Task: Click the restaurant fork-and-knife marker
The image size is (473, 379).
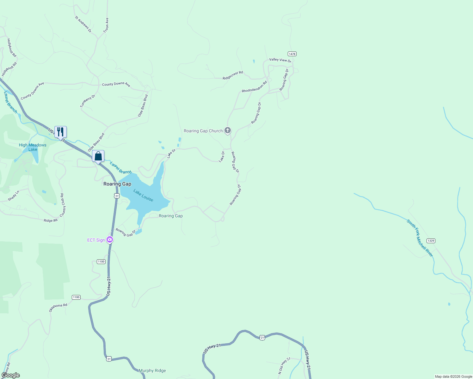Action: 60,132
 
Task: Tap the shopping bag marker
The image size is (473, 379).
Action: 98,156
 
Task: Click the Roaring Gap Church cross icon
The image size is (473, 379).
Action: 227,130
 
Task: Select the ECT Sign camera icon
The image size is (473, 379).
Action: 110,240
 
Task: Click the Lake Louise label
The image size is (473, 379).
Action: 143,196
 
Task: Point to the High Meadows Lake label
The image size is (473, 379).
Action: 33,147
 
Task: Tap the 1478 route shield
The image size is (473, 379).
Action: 292,54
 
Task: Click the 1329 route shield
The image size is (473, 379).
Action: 431,241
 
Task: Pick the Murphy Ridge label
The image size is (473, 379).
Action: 152,370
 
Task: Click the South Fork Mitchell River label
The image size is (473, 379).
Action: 420,238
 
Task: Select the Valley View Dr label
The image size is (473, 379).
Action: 280,60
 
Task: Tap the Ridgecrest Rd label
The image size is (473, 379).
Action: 233,75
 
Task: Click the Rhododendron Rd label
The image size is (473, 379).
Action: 255,87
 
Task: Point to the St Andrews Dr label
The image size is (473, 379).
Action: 83,24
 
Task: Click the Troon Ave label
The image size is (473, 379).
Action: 106,25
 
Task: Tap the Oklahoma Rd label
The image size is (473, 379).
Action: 58,308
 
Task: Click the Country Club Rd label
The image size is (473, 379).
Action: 63,205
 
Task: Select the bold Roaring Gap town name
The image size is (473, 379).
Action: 117,184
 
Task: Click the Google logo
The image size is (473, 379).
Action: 11,375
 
